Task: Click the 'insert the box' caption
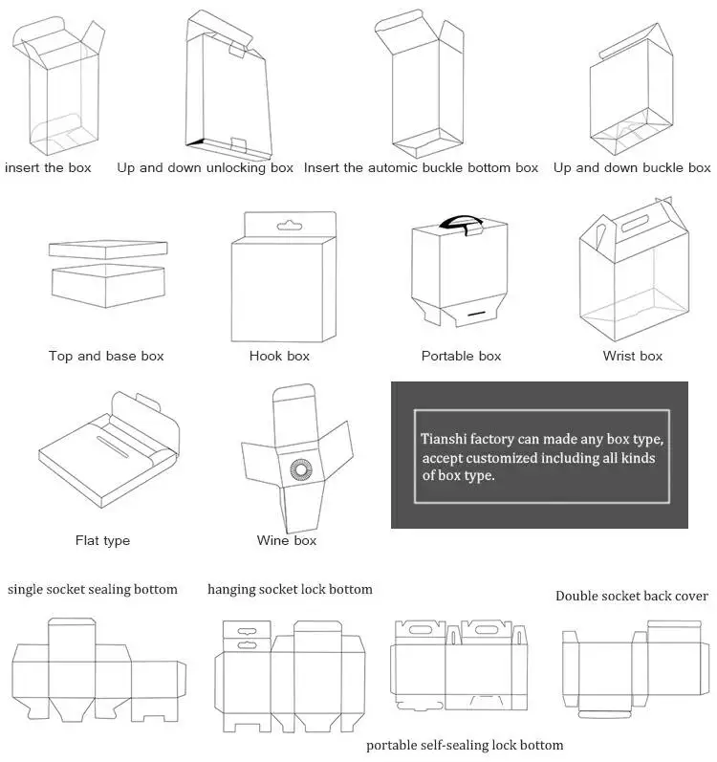48,167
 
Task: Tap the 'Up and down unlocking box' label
205,167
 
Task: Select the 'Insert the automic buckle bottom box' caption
421,167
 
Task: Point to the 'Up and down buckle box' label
632,167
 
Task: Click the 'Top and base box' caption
106,356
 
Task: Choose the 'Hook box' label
279,356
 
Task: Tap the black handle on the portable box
461,222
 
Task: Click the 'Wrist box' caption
632,356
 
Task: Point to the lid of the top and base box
107,250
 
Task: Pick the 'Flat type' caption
102,540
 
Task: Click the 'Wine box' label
286,540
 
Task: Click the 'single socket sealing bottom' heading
93,589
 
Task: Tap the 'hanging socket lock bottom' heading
290,589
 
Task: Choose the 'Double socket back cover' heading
632,596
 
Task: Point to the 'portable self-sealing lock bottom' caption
465,745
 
